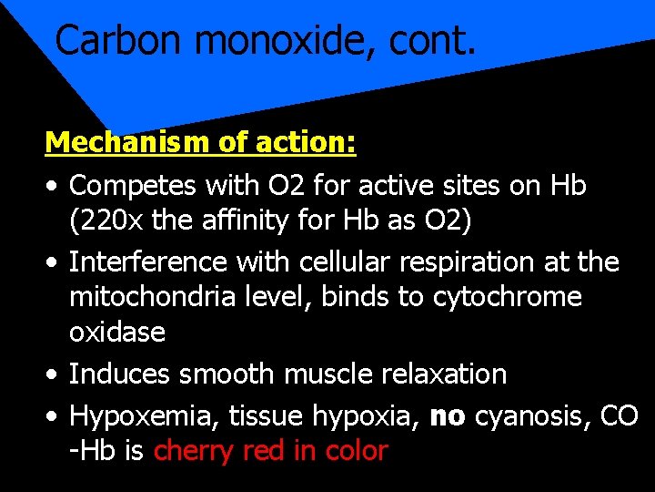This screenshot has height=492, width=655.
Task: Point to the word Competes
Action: coord(134,186)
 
